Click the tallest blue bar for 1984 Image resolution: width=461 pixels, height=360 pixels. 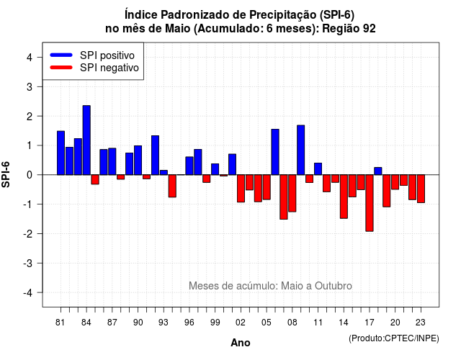[x=86, y=140]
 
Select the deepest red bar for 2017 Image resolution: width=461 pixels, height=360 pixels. [x=370, y=203]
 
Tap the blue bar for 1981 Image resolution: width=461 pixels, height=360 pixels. [x=61, y=153]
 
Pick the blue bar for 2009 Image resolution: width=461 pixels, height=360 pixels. [x=301, y=150]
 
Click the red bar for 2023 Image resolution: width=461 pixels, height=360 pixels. [x=421, y=189]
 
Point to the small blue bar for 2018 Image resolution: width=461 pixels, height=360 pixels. [x=378, y=171]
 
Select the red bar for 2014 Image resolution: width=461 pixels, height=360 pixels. [x=344, y=197]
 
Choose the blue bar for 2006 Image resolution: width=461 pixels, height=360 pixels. [x=275, y=152]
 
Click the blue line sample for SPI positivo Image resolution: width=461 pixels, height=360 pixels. [x=61, y=55]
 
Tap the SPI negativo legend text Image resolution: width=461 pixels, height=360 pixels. [x=109, y=68]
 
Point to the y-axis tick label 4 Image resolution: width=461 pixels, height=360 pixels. [x=30, y=58]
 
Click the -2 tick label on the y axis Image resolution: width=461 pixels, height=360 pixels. [x=28, y=233]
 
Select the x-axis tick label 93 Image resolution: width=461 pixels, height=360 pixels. [x=164, y=323]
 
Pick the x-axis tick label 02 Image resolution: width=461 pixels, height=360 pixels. [x=241, y=323]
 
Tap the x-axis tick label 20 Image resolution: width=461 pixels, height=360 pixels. [x=395, y=323]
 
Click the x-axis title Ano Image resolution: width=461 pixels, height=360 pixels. [x=241, y=343]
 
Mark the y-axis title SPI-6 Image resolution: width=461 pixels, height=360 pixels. [x=6, y=174]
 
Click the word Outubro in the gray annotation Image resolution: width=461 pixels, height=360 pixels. [x=333, y=286]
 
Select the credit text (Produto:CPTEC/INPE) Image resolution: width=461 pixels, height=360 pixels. [x=394, y=338]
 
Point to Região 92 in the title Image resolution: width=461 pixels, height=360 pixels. [x=349, y=29]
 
